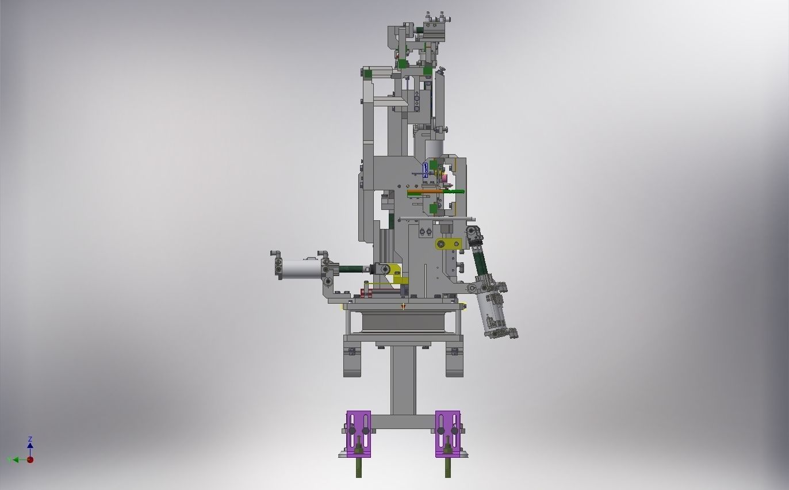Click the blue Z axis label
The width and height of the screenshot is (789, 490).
30,439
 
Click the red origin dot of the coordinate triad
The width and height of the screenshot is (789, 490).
30,460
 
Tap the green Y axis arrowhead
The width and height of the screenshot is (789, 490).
10,460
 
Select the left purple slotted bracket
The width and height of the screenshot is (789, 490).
358,434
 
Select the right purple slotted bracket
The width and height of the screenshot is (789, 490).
447,434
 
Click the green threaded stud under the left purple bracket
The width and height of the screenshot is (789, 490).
359,467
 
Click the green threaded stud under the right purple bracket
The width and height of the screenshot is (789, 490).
447,467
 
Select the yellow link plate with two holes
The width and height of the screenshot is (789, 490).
447,244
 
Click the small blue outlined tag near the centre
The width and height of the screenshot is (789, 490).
426,169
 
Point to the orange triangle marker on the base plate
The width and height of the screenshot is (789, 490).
404,307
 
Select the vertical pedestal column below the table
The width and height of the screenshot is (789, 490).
403,380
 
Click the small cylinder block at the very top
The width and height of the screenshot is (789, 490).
436,28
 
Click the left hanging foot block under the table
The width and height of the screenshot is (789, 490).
351,363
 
